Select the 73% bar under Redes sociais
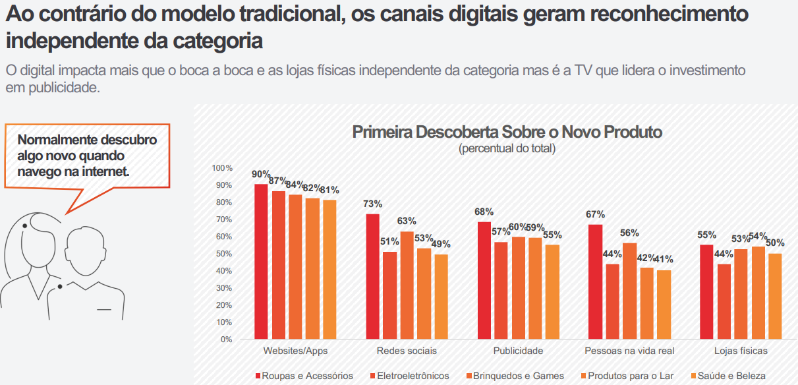tap(372, 276)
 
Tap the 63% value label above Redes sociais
tap(407, 221)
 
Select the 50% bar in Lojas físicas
tap(776, 296)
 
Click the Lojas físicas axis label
tap(741, 351)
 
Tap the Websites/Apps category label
tap(295, 351)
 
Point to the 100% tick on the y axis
tap(222, 168)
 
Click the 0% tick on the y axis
tap(226, 340)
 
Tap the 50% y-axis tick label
tap(224, 254)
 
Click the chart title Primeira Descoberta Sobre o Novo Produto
tap(507, 132)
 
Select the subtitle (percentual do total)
tap(507, 148)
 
